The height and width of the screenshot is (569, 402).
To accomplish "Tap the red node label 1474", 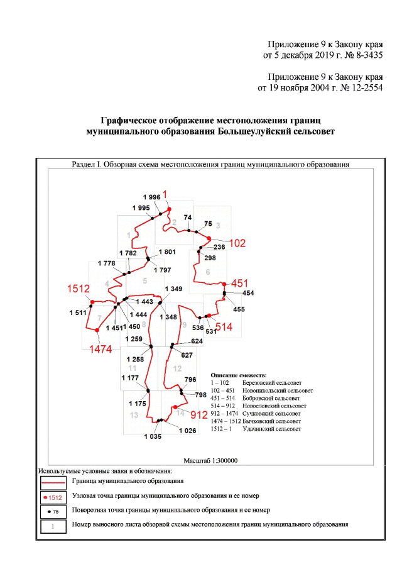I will point(101,348).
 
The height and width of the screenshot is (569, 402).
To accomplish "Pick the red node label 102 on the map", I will point(237,243).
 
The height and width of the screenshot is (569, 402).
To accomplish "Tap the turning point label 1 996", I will point(151,197).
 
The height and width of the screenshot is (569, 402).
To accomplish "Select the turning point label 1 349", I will point(175,289).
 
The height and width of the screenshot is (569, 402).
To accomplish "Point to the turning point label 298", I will point(210,258).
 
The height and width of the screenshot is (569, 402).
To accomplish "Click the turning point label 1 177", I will point(131,377).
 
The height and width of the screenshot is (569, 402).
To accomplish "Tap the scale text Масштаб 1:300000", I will point(209,460).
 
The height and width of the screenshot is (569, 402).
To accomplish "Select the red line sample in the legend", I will point(53,482).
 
